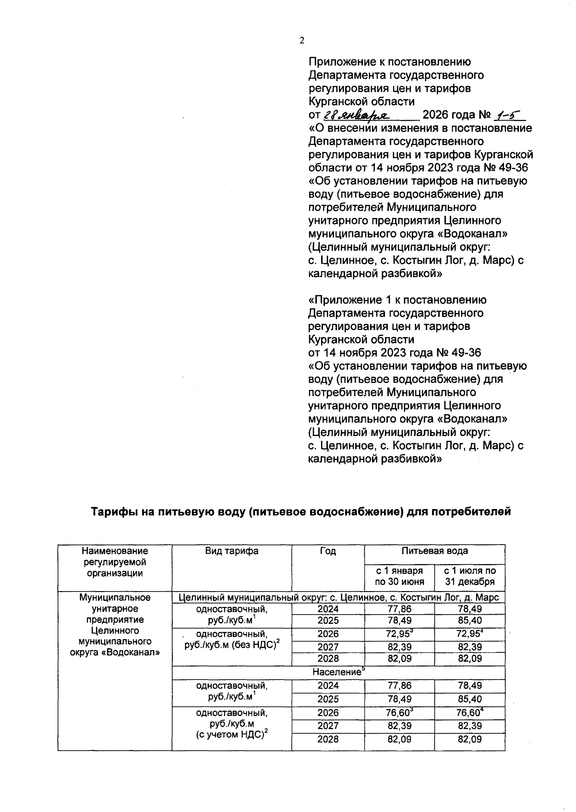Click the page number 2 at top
[302, 41]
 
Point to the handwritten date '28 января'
[356, 115]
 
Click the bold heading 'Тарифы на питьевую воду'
[301, 511]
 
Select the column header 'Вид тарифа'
[231, 551]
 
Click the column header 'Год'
[327, 551]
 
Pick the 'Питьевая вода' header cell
[434, 551]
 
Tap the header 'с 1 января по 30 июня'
[399, 576]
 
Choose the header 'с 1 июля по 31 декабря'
[469, 576]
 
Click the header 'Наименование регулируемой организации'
[115, 562]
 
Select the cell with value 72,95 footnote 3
[399, 633]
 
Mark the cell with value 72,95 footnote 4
[469, 633]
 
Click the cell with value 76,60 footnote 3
[399, 713]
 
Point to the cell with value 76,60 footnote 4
[469, 713]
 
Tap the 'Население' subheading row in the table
[338, 672]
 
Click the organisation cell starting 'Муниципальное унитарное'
[115, 625]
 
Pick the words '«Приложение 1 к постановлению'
[397, 300]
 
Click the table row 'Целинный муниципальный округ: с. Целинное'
[338, 597]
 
